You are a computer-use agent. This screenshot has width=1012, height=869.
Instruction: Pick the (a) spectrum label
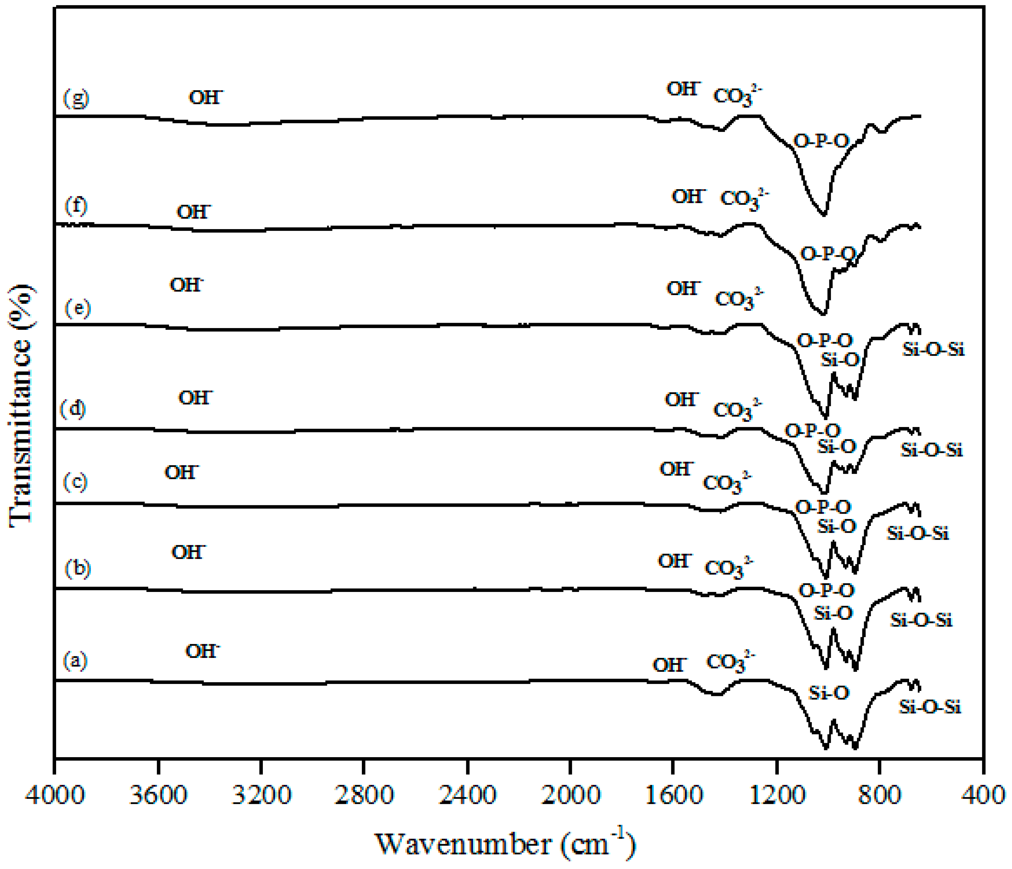[x=75, y=661]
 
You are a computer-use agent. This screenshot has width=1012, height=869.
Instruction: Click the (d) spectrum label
[x=73, y=408]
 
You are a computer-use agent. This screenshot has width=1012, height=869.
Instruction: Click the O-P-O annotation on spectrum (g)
[x=821, y=142]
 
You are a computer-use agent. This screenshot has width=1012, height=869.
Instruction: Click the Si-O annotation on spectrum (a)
[x=829, y=693]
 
